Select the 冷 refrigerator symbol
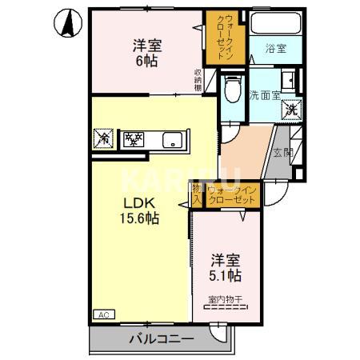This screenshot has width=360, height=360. pos(104,139)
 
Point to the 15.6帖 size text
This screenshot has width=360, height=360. pos(138,218)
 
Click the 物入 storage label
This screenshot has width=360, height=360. pos(197,194)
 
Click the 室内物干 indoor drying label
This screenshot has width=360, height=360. pos(226,300)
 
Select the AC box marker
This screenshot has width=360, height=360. pos(103,314)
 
